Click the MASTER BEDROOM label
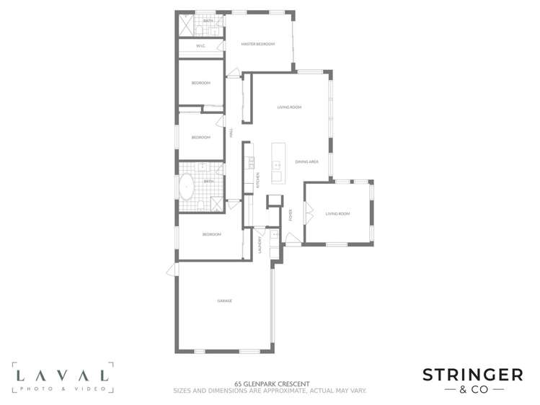pos(258,45)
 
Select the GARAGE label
pos(224,301)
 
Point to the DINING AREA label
pos(307,161)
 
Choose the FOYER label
pos(291,215)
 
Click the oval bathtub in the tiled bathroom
pos(187,186)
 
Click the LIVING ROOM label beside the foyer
pos(337,213)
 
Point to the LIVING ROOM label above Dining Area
pos(289,107)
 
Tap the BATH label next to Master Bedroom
pos(208,22)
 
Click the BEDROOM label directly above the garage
pos(211,234)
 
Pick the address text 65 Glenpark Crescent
pos(270,383)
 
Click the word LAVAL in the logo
pos(63,375)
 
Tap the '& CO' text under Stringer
pos(472,390)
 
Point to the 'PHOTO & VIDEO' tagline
pos(63,388)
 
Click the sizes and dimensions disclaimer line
pos(270,391)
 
